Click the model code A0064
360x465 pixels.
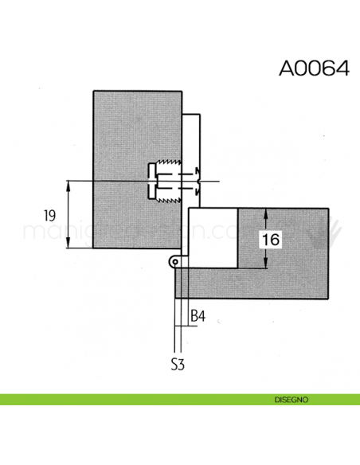(313, 67)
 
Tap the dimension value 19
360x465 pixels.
(50, 215)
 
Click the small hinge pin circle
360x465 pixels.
(174, 261)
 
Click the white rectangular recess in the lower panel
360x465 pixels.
(213, 237)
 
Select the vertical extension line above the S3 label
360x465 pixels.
(176, 318)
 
